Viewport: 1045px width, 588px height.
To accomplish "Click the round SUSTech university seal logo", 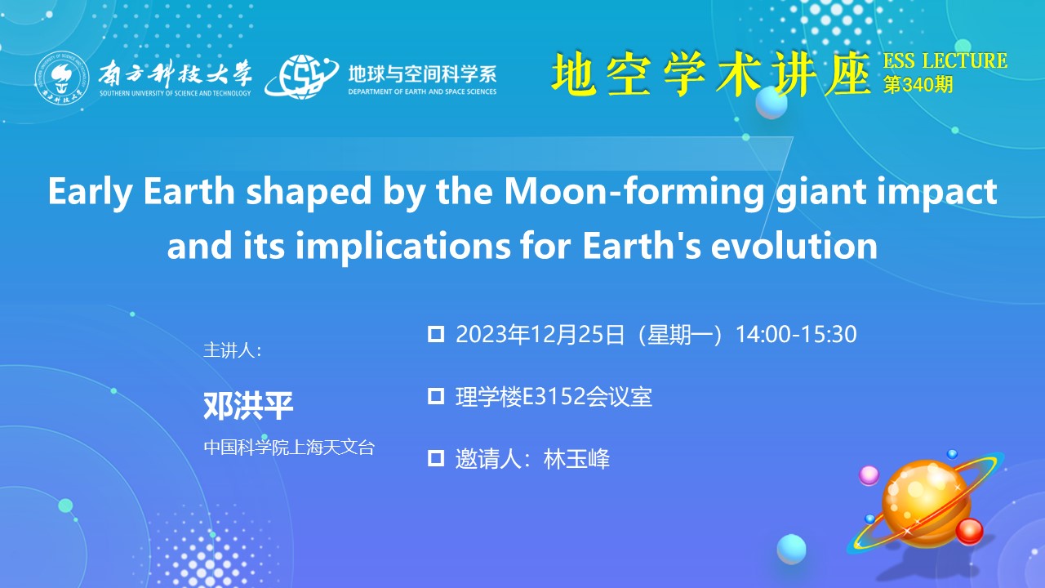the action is point(62,78).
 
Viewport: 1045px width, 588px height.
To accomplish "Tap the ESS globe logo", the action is point(301,76).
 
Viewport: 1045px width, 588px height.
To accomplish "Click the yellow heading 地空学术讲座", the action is point(710,74).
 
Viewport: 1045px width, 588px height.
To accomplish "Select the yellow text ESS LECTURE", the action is point(945,60).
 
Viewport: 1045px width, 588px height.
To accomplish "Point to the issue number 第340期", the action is point(918,85).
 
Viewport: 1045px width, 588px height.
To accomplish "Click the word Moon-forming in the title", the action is point(634,191).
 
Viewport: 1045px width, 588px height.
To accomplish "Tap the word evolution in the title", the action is point(794,246).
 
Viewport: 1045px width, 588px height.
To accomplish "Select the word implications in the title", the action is point(403,247).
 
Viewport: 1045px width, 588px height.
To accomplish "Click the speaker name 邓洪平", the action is point(248,406).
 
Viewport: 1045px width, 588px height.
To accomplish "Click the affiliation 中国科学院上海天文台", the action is point(289,448).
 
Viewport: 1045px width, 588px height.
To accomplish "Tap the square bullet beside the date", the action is point(436,334).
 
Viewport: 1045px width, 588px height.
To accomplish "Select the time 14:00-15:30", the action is point(796,335).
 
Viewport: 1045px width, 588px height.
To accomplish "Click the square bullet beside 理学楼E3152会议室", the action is point(436,396).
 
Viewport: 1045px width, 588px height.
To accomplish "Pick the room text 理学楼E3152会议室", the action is point(554,397).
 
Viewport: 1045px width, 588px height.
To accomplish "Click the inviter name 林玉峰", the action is point(576,459).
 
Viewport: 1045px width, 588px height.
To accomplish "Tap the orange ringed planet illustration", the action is point(926,504).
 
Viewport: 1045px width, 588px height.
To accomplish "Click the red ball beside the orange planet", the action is point(969,532).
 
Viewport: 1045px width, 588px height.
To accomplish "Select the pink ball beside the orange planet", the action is point(869,475).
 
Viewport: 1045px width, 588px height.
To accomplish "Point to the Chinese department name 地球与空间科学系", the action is point(422,73).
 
